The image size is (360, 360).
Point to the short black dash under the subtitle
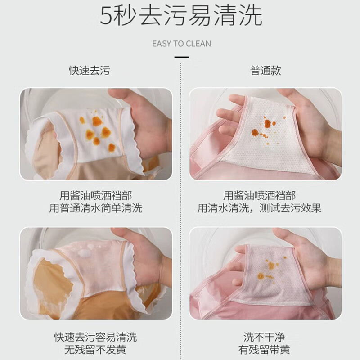click(x=181, y=57)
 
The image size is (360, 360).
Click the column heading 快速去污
click(x=89, y=71)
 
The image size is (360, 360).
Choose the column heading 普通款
click(x=265, y=71)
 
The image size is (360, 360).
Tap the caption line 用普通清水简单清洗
click(x=95, y=208)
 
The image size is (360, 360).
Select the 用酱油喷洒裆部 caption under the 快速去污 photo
click(x=95, y=196)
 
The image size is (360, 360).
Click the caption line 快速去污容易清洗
click(x=95, y=337)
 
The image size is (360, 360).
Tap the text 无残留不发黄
click(x=95, y=349)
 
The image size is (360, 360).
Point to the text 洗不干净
click(x=264, y=337)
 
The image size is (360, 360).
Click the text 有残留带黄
click(x=264, y=349)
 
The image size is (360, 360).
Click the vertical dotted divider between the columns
click(x=180, y=202)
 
